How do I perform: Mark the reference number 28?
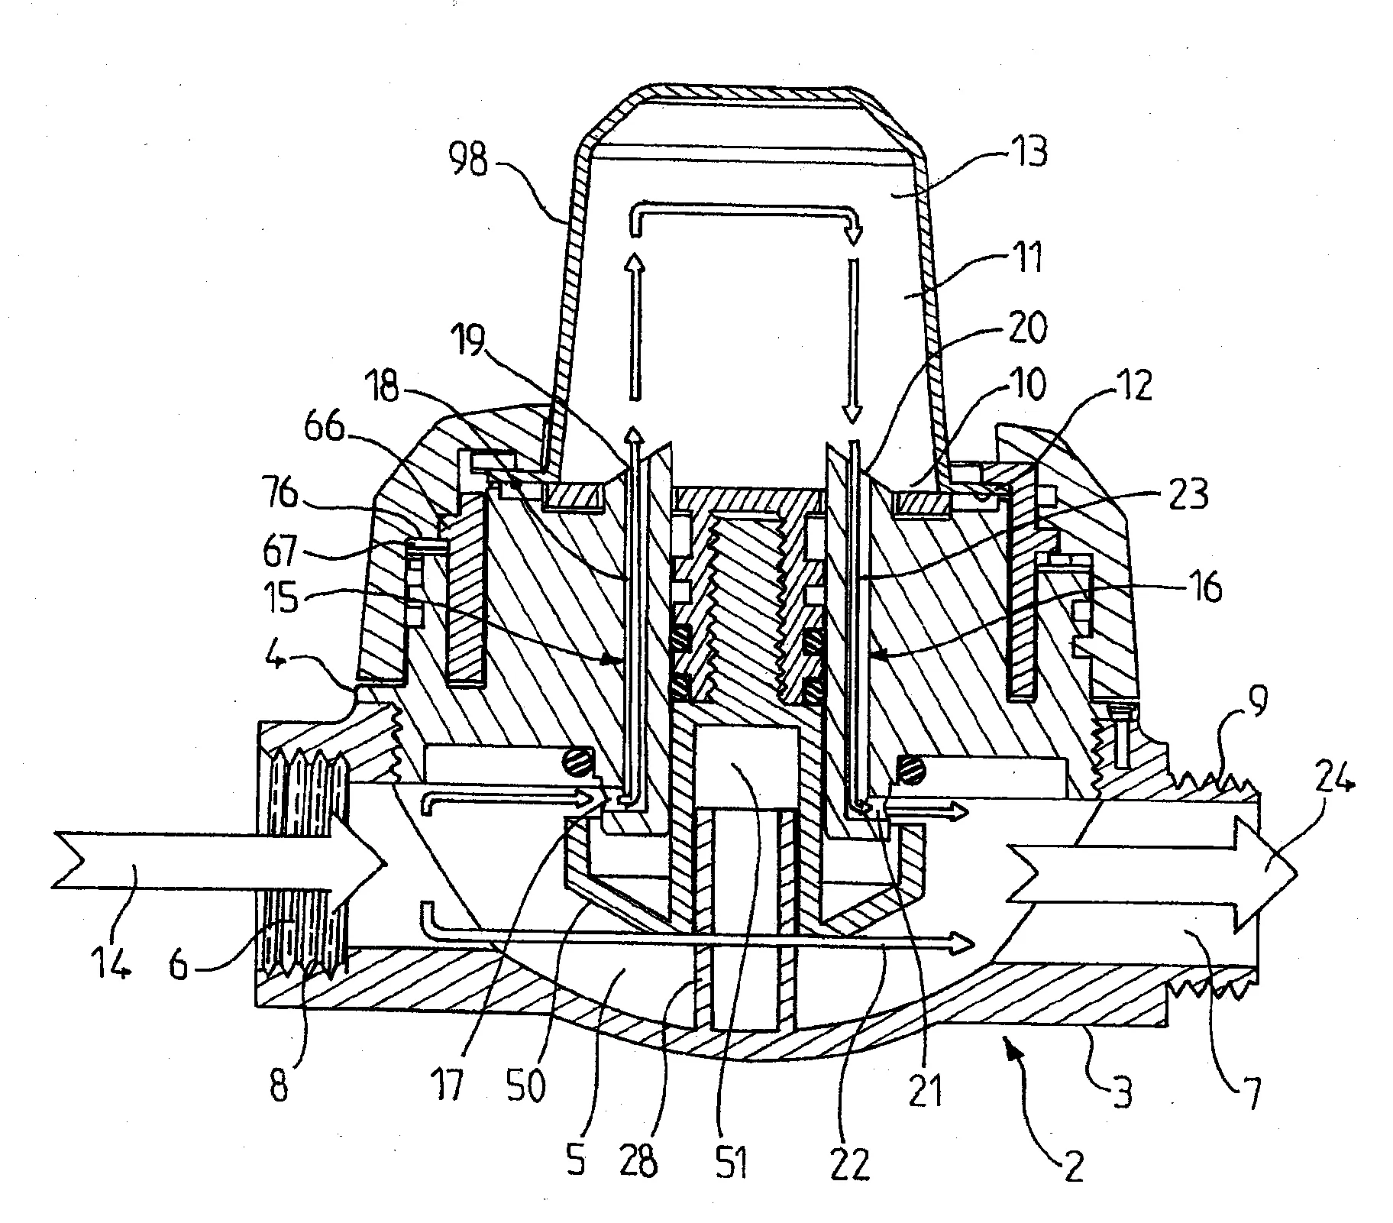point(638,1160)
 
